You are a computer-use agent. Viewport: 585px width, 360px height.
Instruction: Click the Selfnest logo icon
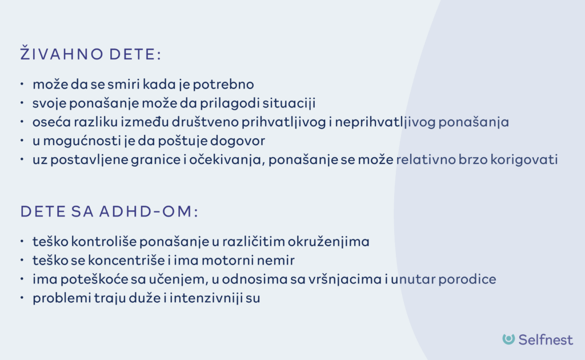508,339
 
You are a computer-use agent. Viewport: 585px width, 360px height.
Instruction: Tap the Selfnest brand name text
546,339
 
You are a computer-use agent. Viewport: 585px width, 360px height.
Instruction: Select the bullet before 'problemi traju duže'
22,299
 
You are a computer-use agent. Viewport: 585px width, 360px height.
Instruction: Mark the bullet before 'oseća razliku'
22,122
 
